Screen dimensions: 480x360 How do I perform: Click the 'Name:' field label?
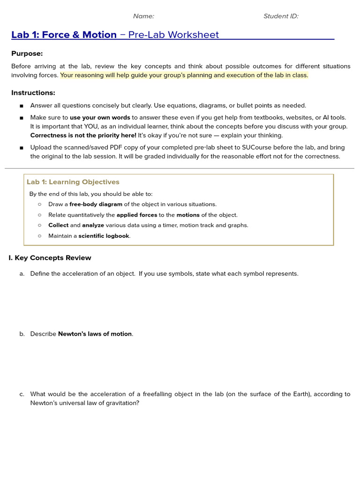(143, 16)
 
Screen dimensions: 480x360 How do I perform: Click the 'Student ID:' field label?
(281, 16)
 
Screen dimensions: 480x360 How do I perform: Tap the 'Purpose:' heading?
(27, 53)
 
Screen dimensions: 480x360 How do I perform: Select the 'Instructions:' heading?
(33, 93)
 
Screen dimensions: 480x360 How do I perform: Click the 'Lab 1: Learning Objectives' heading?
(73, 182)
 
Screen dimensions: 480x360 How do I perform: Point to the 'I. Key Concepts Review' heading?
(50, 258)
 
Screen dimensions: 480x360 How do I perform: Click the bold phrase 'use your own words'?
(100, 118)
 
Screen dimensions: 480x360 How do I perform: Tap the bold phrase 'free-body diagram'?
(96, 204)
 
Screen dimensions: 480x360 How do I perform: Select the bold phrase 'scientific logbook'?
(104, 236)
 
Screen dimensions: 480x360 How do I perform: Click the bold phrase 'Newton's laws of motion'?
(95, 334)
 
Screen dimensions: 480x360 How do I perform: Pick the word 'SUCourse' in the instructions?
(258, 148)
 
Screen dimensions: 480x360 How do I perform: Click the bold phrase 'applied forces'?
(137, 215)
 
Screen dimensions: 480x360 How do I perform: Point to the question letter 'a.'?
(22, 274)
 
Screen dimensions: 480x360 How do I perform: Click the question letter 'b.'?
(22, 334)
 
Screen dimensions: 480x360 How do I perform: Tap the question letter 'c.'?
(22, 394)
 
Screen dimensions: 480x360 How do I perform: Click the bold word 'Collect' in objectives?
(58, 225)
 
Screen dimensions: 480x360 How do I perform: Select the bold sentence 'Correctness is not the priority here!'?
(83, 135)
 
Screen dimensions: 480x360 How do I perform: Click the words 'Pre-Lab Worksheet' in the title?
(173, 35)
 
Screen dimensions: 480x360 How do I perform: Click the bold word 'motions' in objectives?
(187, 215)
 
